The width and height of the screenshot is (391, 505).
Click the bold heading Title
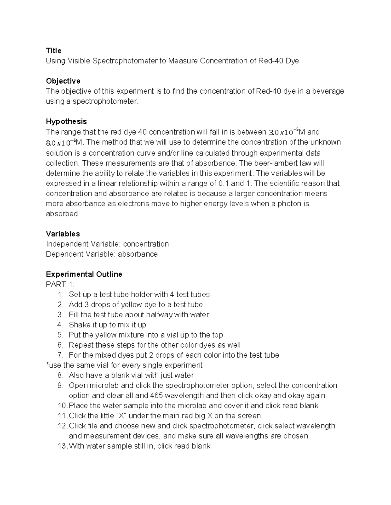(x=53, y=51)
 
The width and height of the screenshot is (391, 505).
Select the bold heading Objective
(x=63, y=81)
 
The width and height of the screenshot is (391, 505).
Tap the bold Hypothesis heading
(x=66, y=122)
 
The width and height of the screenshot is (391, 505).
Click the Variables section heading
(x=63, y=234)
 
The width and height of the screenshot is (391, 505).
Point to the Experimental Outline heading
(x=84, y=274)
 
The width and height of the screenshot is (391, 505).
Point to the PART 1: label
(x=60, y=285)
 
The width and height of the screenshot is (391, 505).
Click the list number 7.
(x=60, y=355)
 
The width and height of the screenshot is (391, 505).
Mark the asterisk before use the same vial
(x=47, y=365)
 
